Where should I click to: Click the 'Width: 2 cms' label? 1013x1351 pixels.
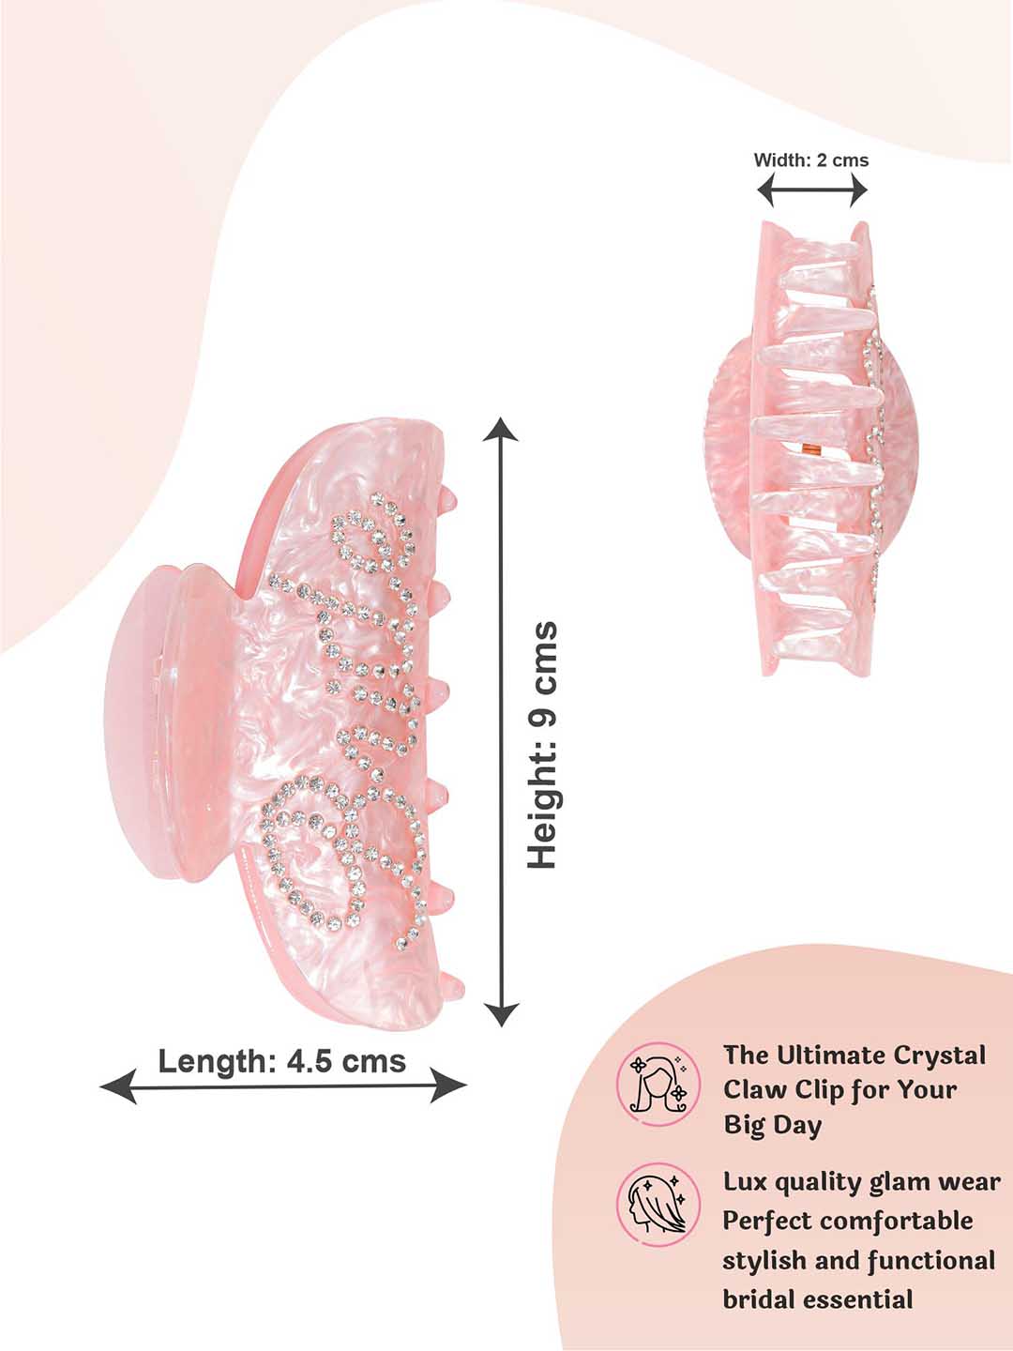tap(811, 160)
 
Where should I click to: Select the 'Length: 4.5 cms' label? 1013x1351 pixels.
tap(282, 1061)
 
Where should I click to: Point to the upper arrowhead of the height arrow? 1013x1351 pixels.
tap(501, 430)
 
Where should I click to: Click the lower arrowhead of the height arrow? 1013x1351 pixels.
tap(501, 1013)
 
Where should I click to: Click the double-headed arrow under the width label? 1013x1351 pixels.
tap(812, 190)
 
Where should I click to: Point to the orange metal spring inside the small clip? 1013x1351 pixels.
tap(811, 450)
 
